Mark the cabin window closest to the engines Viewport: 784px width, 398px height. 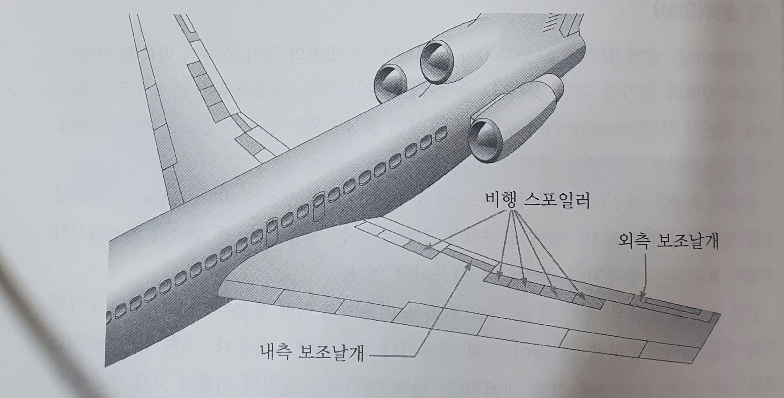pos(441,134)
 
